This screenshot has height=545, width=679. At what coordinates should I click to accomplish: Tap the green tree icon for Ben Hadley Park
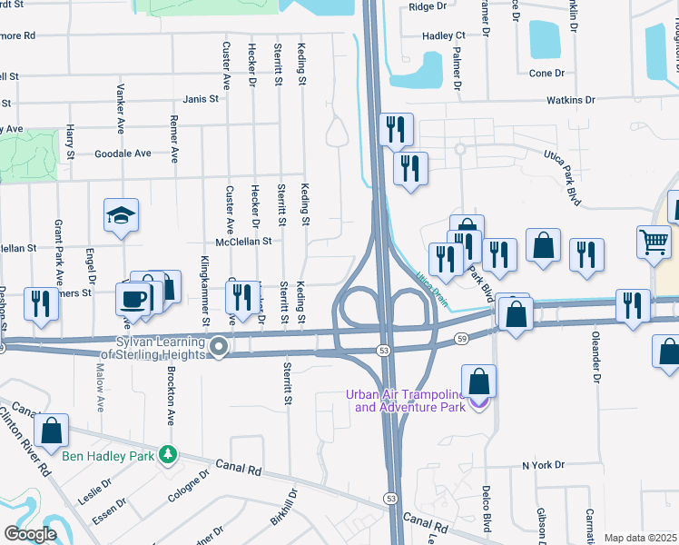[x=166, y=452]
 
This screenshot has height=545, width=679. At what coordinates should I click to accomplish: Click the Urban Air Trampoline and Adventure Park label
[x=404, y=401]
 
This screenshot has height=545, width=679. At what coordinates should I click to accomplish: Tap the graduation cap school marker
[x=121, y=215]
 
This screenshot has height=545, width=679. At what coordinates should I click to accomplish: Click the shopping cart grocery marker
[x=654, y=242]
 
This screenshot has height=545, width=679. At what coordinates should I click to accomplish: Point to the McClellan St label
[x=243, y=242]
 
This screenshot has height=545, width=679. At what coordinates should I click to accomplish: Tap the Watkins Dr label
[x=570, y=100]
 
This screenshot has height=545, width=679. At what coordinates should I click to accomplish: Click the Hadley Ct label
[x=444, y=35]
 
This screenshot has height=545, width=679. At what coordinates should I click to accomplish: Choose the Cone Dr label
[x=546, y=73]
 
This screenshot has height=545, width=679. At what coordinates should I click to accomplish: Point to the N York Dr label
[x=543, y=465]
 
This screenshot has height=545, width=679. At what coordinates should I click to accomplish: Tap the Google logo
[x=30, y=534]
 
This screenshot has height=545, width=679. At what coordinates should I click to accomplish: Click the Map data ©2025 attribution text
[x=640, y=538]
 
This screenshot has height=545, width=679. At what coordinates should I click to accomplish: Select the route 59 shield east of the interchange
[x=461, y=339]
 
